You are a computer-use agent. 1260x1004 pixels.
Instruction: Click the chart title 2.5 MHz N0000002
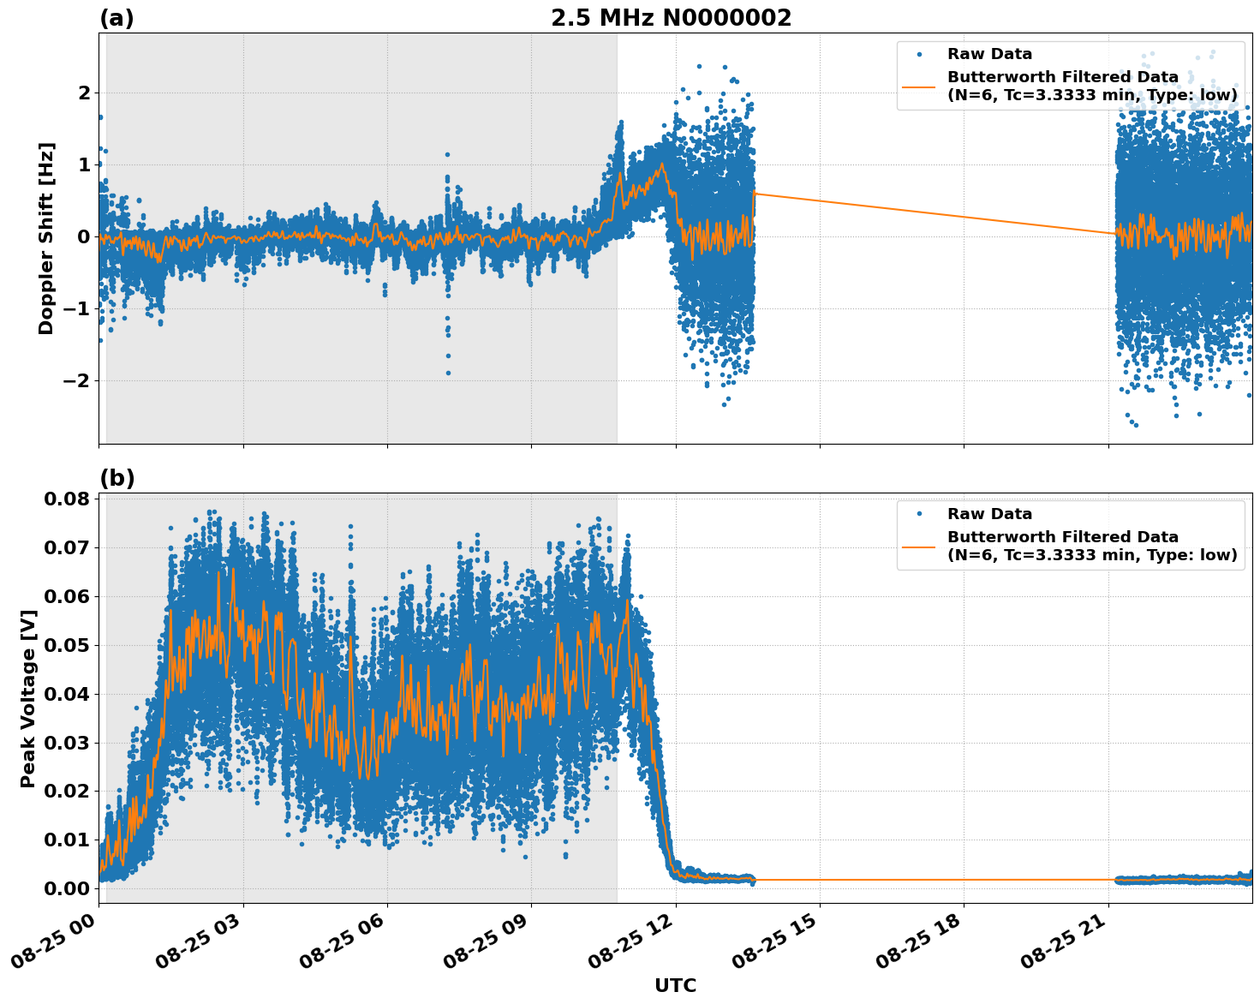point(671,18)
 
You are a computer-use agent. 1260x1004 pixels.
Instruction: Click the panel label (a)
point(116,18)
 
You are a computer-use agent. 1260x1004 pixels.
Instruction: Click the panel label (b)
point(116,478)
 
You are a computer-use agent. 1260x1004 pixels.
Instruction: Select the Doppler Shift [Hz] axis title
point(46,238)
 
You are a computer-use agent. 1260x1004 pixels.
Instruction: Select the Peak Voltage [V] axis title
point(28,698)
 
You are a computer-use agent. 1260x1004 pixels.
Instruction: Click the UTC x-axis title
point(675,985)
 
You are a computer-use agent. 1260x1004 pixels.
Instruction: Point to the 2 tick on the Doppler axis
point(84,93)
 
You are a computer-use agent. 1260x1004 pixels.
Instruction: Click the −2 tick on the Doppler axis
point(77,380)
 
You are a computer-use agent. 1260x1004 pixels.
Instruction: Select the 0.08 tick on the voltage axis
point(67,499)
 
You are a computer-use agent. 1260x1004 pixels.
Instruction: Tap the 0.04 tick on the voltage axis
point(67,694)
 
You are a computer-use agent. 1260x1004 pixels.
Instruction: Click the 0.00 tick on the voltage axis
point(67,888)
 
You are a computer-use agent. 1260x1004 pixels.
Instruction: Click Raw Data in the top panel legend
point(989,54)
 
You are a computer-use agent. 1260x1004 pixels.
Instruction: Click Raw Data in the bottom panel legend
point(989,514)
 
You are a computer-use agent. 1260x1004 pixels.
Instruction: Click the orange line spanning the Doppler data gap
point(934,213)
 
